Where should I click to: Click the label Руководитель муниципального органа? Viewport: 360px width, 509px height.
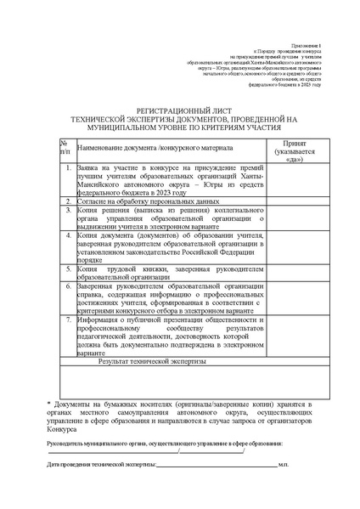[x=102, y=444]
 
